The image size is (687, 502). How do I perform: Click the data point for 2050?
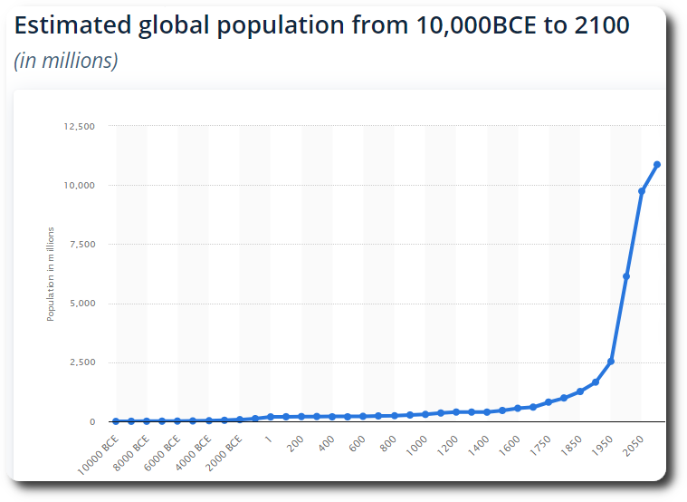click(642, 191)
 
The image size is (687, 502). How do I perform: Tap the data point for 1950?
click(611, 362)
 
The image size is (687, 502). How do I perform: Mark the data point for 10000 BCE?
click(116, 421)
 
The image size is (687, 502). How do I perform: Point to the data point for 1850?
click(580, 391)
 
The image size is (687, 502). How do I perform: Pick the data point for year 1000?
click(425, 414)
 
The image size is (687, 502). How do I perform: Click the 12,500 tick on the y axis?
click(79, 126)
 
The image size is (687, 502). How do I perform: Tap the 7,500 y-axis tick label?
click(81, 245)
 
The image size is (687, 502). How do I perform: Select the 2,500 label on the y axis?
click(81, 362)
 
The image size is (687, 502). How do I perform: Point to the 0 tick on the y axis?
click(91, 422)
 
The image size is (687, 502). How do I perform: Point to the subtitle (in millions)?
click(66, 62)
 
